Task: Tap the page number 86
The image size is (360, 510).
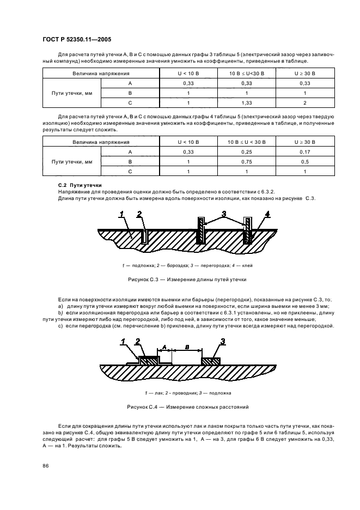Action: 45,465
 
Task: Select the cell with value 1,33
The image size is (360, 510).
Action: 247,103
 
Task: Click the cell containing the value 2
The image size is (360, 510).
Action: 305,103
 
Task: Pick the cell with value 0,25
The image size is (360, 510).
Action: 247,151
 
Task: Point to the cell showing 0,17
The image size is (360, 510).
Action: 305,151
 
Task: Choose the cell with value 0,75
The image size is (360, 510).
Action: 247,162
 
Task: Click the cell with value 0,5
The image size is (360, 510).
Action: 305,162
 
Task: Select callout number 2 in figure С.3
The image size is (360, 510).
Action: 139,213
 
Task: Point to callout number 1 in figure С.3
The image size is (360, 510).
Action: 123,213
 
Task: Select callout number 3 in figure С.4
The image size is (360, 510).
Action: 223,342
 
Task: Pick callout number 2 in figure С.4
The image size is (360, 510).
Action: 138,342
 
